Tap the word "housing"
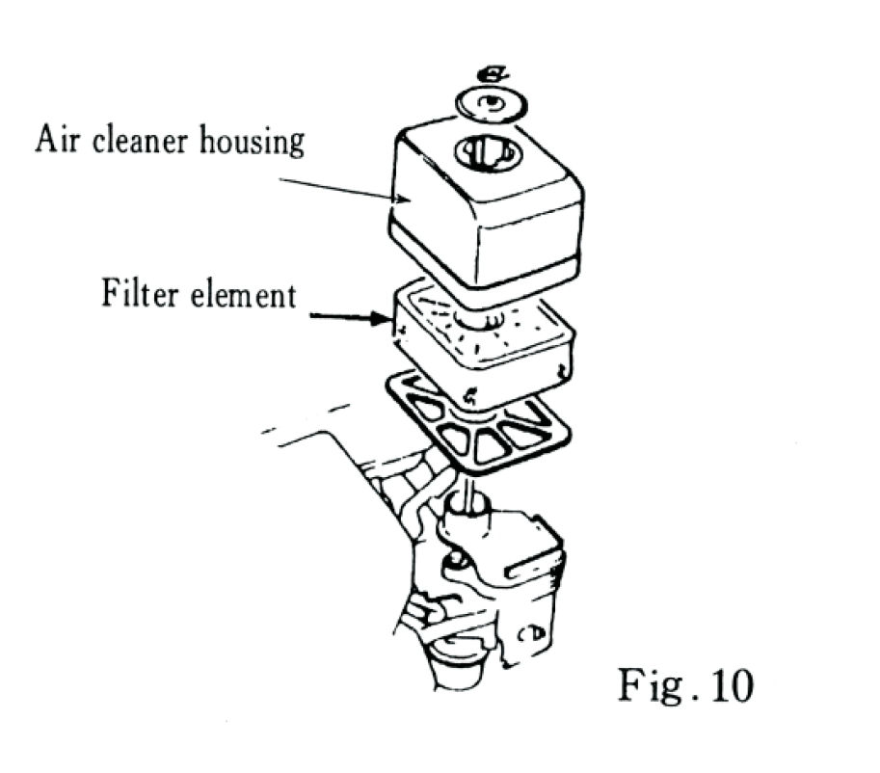coord(253,142)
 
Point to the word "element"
coord(244,294)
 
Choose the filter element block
coord(482,337)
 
